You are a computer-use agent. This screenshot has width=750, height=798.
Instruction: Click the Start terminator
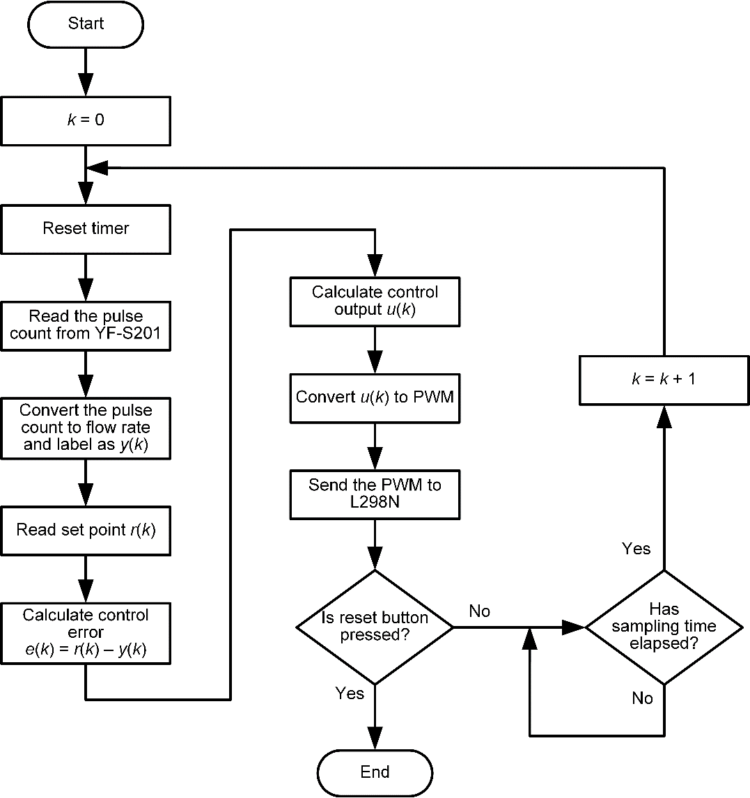tap(86, 24)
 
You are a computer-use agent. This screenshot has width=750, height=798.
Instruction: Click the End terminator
tap(375, 772)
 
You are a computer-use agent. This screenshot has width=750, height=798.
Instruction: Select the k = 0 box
tap(86, 120)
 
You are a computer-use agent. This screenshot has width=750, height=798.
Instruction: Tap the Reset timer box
tap(86, 228)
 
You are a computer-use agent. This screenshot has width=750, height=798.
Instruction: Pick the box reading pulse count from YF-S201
tap(86, 325)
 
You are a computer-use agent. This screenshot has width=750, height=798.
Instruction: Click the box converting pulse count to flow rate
tap(86, 428)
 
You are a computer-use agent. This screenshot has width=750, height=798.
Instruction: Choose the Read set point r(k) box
tap(86, 530)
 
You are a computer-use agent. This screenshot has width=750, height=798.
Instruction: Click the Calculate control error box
tap(86, 632)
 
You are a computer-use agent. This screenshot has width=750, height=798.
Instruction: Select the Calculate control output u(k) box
tap(375, 301)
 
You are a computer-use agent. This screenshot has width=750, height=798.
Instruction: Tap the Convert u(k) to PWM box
tap(375, 397)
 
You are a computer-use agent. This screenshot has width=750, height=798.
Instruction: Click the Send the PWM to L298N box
tap(375, 493)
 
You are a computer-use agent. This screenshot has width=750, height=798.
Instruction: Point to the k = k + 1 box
tap(663, 380)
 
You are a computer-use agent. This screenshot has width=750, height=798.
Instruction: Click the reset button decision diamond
tap(375, 627)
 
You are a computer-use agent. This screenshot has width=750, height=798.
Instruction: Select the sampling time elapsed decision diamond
tap(663, 627)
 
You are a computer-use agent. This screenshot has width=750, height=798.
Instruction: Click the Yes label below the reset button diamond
tap(350, 693)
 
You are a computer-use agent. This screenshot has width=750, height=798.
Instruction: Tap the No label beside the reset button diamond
tap(480, 611)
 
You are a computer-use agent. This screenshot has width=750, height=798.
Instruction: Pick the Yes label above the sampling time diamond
tap(636, 549)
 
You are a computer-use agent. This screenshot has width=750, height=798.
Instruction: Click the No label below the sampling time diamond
tap(642, 698)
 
